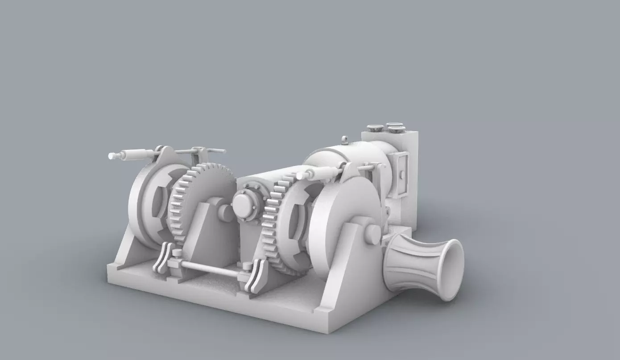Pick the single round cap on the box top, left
(375, 128)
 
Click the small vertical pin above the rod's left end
(177, 253)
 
